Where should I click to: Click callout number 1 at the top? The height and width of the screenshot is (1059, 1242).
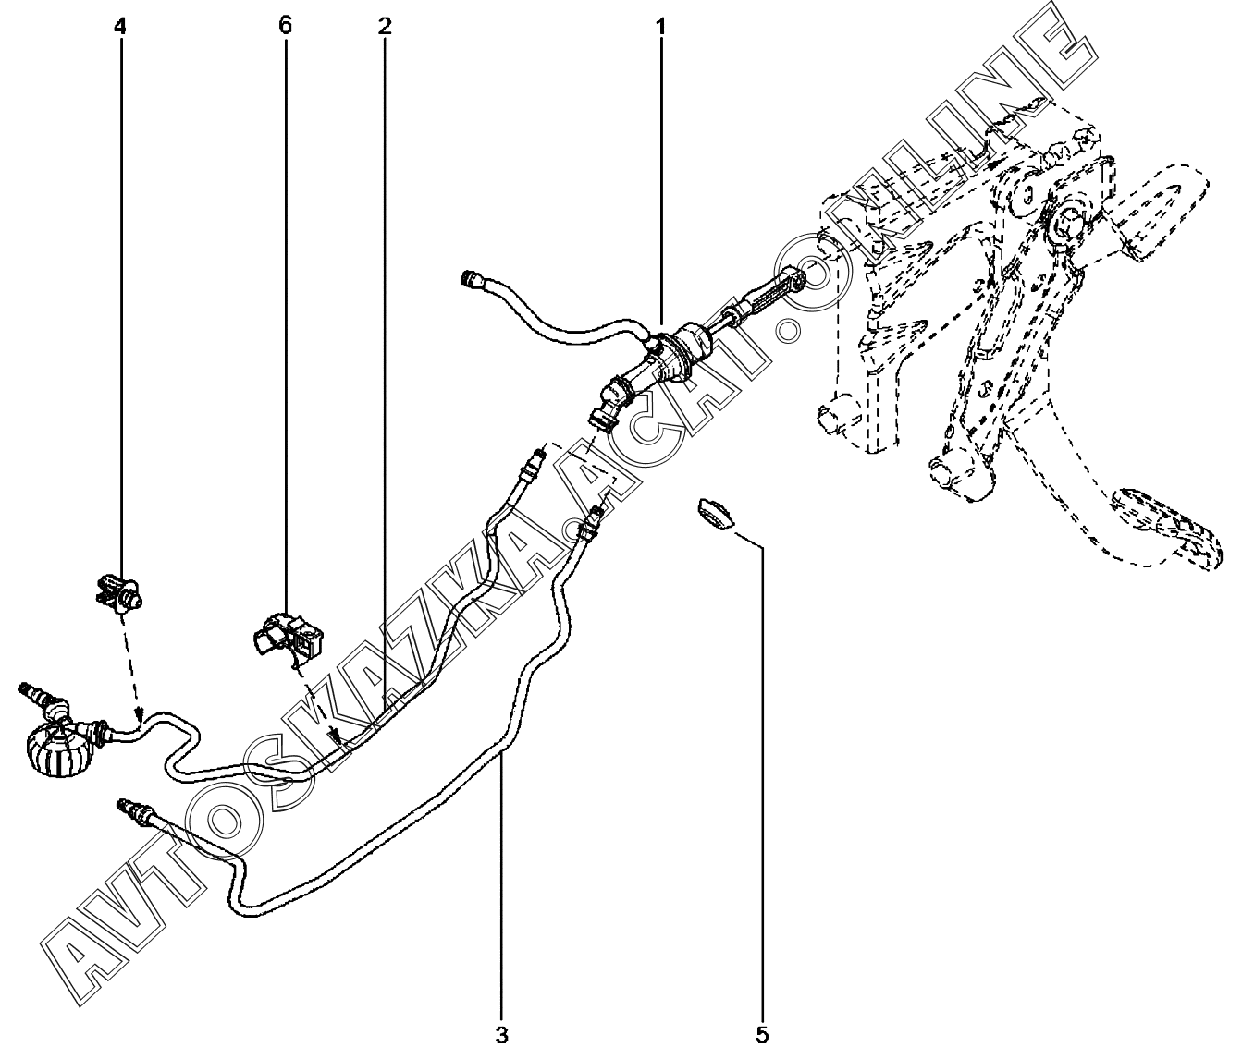[x=660, y=27]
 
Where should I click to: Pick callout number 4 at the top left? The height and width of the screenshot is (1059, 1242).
[x=119, y=27]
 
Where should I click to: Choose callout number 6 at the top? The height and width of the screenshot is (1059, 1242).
[x=285, y=27]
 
